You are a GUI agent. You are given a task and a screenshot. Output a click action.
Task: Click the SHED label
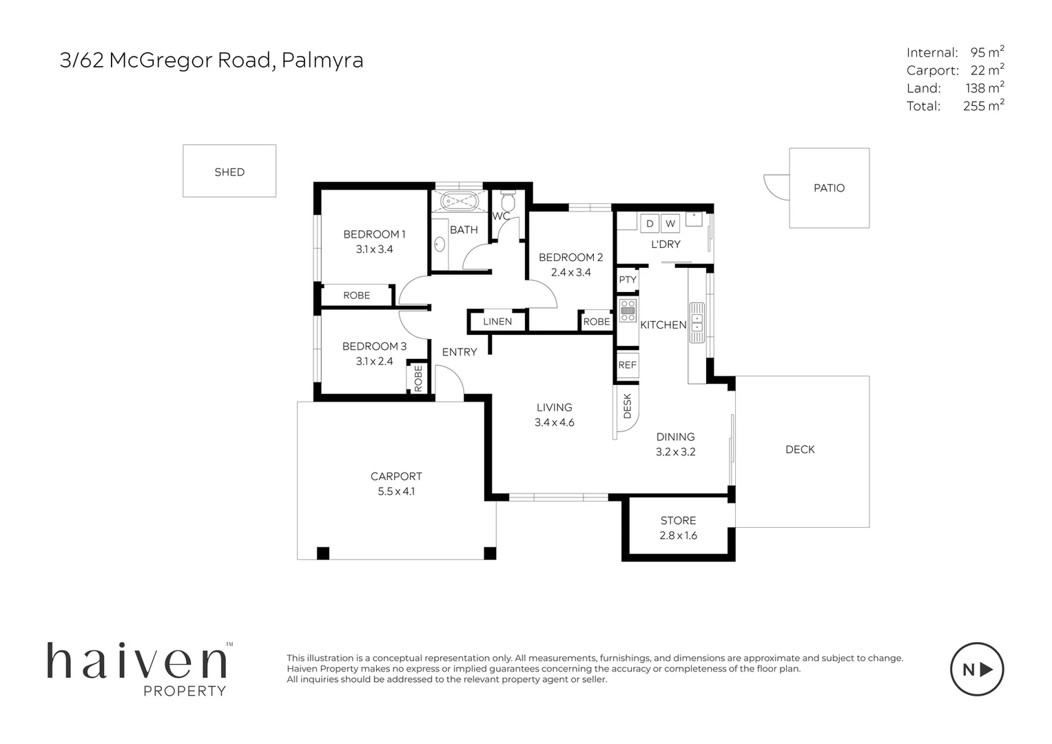229,172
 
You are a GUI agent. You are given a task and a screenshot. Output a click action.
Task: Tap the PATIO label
829,188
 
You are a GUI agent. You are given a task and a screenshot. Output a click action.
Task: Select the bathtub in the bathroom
459,202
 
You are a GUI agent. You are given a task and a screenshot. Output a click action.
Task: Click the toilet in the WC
508,200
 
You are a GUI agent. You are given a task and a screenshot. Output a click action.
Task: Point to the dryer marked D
650,224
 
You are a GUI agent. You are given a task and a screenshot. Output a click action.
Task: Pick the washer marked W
670,224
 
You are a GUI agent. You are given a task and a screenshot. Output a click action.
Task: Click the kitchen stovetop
628,311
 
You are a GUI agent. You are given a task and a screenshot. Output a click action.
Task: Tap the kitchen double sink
697,322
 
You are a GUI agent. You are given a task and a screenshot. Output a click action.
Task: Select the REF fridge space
628,365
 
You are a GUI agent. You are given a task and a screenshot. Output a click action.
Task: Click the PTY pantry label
628,280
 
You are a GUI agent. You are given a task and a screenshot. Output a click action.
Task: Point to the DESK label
628,406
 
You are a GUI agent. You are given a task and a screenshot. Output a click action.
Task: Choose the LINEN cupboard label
497,321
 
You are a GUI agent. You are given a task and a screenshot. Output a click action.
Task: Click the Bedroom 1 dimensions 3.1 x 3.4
374,249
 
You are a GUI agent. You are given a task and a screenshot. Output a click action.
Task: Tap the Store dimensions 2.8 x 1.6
678,535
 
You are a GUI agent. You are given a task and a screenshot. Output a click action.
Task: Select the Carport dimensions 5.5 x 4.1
396,491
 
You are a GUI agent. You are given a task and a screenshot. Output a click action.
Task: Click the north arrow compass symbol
977,670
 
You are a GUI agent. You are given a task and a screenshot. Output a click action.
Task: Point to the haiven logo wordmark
137,661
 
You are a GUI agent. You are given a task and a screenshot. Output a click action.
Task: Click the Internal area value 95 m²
987,52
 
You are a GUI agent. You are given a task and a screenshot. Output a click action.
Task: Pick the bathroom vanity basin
440,245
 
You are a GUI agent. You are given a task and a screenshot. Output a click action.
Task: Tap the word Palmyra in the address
322,61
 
